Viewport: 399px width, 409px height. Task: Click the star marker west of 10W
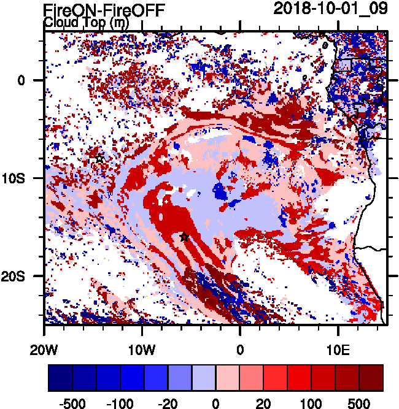(99, 158)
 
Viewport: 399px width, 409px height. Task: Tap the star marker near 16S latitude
(184, 236)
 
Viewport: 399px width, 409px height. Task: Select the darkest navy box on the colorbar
(60, 378)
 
